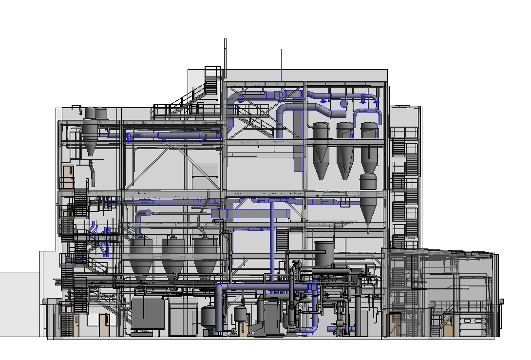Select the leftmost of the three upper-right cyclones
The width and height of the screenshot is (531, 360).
pos(321,151)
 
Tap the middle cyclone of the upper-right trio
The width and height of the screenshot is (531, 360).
pos(345,151)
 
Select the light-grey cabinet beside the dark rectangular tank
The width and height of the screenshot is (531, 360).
pos(183,317)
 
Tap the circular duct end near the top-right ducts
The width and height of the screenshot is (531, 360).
pos(344,103)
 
